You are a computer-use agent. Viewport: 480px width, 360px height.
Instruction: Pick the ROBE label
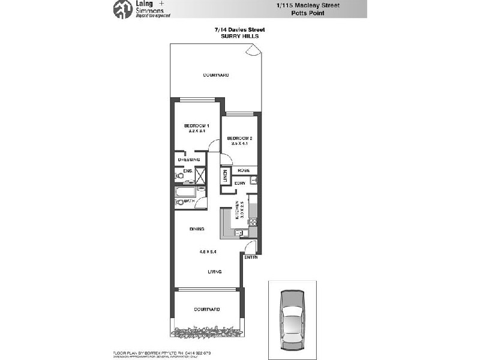click(x=243, y=170)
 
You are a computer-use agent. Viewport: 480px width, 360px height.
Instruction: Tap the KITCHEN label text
click(x=238, y=207)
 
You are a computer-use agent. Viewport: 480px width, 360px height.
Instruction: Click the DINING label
click(x=196, y=229)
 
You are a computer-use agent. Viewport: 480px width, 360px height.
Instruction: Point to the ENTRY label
click(x=251, y=257)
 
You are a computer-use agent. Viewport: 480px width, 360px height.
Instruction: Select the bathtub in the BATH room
click(x=182, y=193)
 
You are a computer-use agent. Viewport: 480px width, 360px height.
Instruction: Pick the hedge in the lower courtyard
click(x=207, y=331)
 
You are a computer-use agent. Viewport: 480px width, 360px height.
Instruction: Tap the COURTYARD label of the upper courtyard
click(x=216, y=75)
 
